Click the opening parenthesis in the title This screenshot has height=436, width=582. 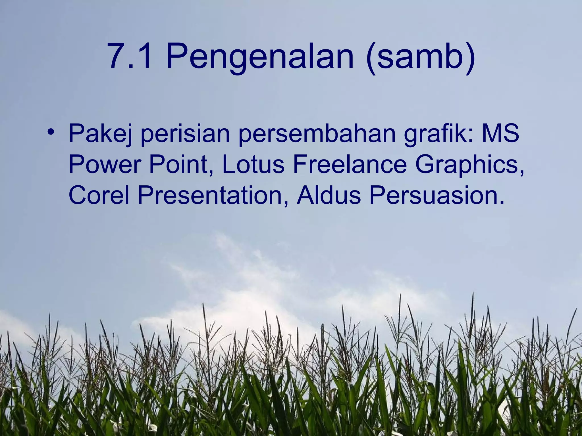pos(371,58)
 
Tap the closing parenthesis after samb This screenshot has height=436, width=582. pos(469,58)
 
